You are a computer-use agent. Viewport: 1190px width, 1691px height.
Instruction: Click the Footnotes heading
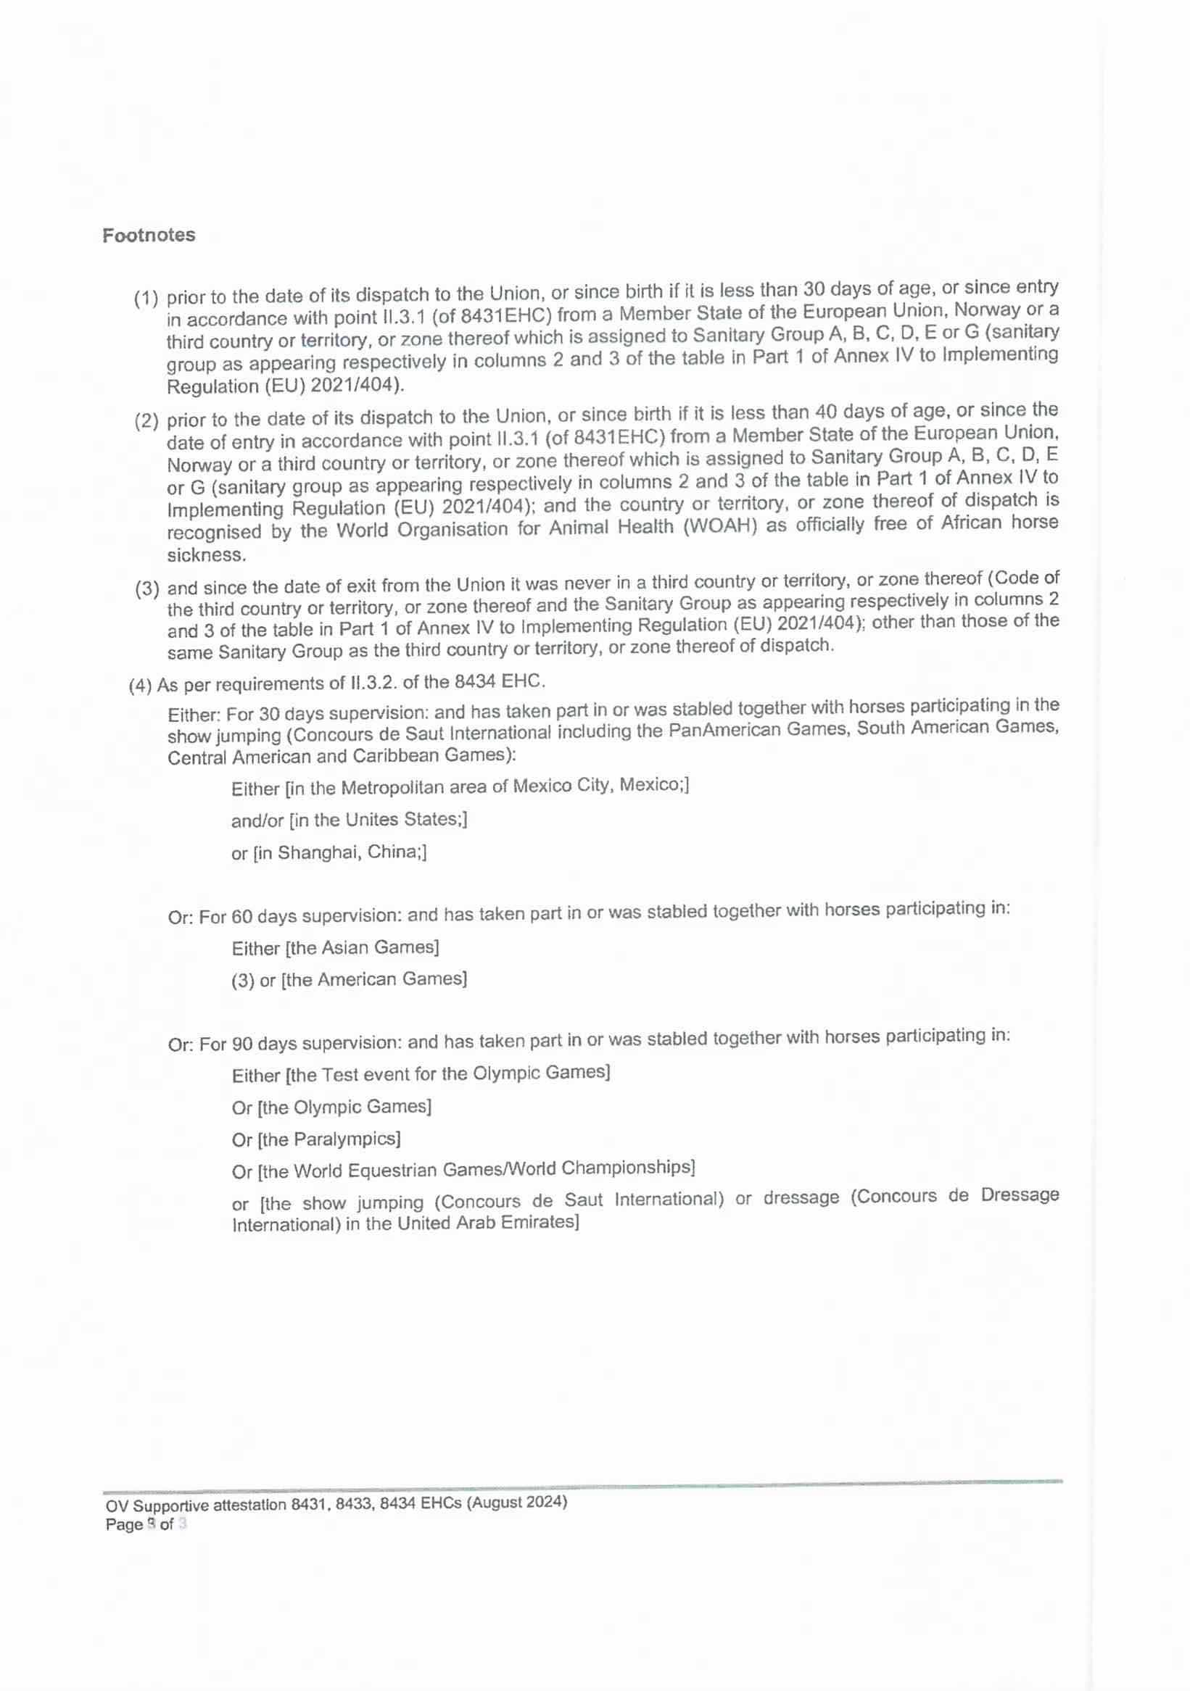(x=149, y=235)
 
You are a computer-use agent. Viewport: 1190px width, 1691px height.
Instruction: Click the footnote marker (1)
(x=146, y=299)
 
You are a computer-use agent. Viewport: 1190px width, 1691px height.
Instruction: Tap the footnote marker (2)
(x=146, y=421)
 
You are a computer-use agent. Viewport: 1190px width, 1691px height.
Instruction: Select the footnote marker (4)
(x=140, y=686)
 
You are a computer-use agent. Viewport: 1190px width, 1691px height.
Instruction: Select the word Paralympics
(x=346, y=1139)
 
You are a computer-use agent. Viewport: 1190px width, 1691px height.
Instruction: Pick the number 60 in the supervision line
(x=241, y=917)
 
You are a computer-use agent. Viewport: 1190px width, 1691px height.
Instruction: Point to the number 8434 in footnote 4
(x=474, y=682)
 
